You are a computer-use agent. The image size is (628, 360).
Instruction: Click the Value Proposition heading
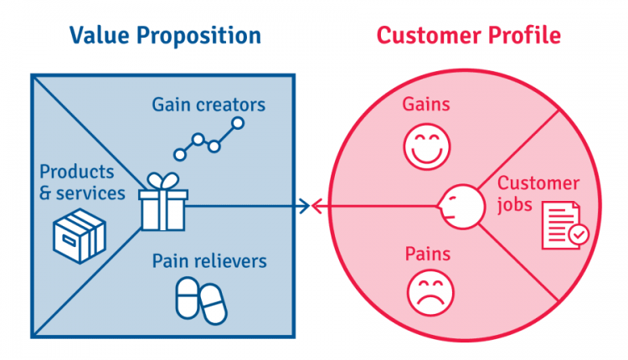(165, 35)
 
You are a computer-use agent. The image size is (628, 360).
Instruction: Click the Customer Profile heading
(468, 35)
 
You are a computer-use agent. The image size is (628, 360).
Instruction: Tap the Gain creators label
(208, 105)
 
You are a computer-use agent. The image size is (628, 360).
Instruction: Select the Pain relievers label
(209, 260)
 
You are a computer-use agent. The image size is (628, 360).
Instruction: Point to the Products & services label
(82, 182)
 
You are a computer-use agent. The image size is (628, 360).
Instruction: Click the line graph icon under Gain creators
(209, 139)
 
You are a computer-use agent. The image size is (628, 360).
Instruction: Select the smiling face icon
(425, 147)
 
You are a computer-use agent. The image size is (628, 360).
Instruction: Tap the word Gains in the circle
(426, 105)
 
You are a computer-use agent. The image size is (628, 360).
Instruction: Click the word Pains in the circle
(428, 253)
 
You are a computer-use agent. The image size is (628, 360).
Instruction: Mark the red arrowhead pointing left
(317, 204)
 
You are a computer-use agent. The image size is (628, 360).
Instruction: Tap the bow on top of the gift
(162, 181)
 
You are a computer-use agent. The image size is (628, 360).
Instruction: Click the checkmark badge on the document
(579, 236)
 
